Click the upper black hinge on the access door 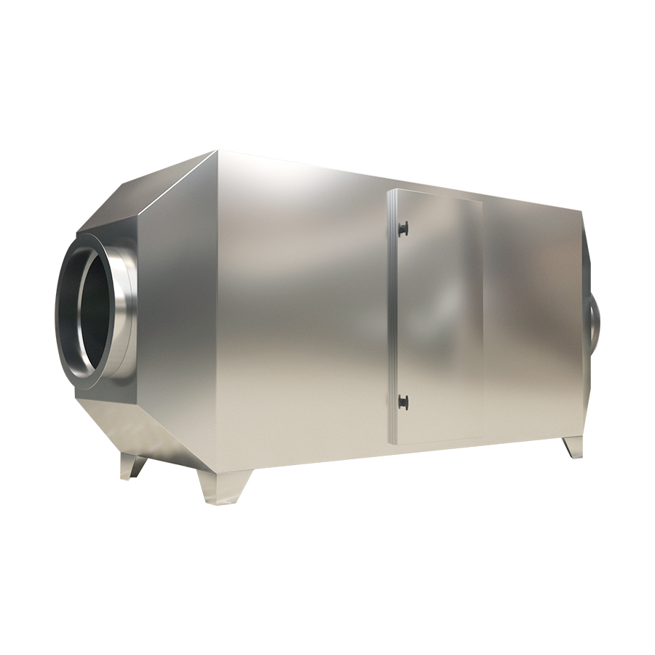click(x=402, y=229)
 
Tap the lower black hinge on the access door click(x=402, y=401)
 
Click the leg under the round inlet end click(x=132, y=466)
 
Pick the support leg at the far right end click(x=573, y=446)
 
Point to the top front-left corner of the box click(x=217, y=152)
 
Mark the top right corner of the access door click(x=482, y=201)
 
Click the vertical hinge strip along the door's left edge click(x=393, y=317)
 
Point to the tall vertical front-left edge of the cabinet click(x=217, y=313)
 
